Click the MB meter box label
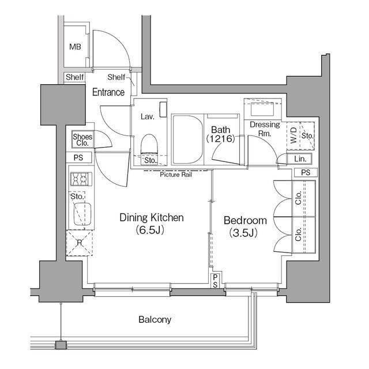[x=75, y=47]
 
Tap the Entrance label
[x=108, y=92]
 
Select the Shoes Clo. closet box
[x=82, y=140]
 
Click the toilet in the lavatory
[x=149, y=145]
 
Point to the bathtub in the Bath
[x=187, y=140]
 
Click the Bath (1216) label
[x=220, y=134]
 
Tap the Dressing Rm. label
[x=265, y=129]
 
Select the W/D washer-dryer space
[x=293, y=135]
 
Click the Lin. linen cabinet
[x=300, y=159]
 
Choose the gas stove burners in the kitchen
[x=81, y=179]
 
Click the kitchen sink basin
[x=82, y=214]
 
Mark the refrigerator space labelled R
[x=80, y=243]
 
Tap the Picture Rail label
[x=176, y=175]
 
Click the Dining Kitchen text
[x=152, y=217]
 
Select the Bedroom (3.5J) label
[x=245, y=227]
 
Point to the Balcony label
[x=155, y=319]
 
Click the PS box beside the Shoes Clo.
[x=78, y=157]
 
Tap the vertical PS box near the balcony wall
[x=215, y=281]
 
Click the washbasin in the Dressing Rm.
[x=262, y=109]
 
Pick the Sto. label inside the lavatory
[x=150, y=160]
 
